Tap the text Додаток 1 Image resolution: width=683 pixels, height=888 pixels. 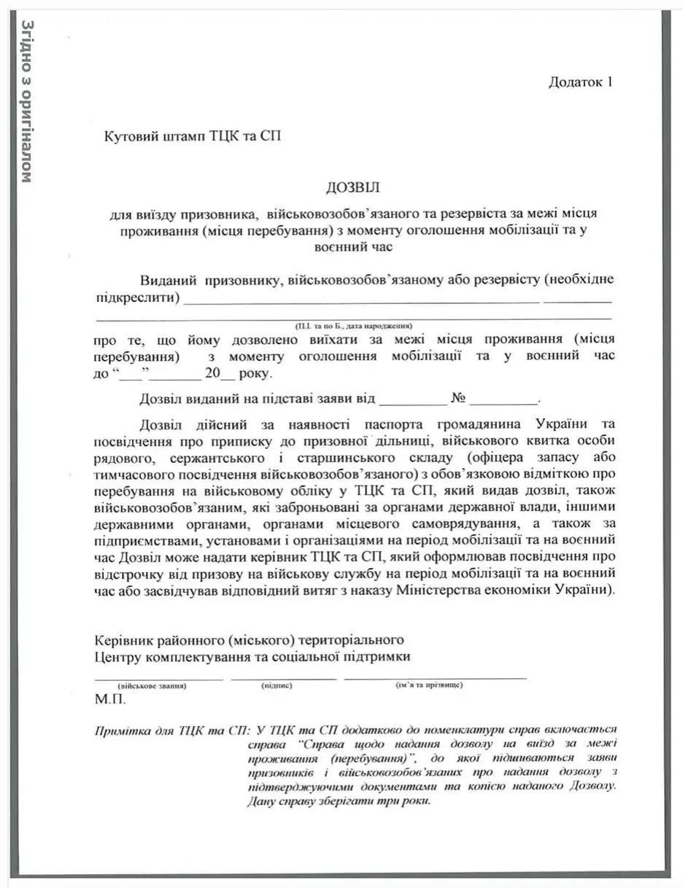[580, 82]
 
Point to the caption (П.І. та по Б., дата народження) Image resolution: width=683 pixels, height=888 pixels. [353, 325]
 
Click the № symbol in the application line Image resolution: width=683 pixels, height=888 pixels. [458, 399]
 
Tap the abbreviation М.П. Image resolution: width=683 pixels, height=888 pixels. [110, 699]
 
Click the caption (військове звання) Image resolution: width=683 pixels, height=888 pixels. [152, 685]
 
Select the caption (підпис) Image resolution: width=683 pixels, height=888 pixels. [277, 685]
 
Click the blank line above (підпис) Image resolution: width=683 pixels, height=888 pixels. [283, 678]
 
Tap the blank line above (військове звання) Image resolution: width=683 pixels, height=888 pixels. [158, 678]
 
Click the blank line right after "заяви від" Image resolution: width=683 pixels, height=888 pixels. [412, 402]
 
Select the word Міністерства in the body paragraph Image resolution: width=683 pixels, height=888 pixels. [434, 589]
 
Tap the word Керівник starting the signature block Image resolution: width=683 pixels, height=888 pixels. [121, 640]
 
